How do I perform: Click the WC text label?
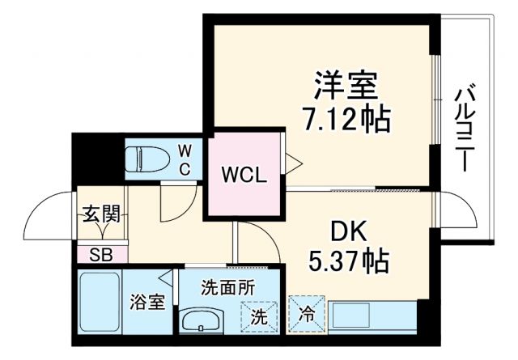185,159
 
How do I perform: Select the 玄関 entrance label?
101,214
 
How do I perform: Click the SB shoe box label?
100,254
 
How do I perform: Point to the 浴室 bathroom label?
147,303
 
